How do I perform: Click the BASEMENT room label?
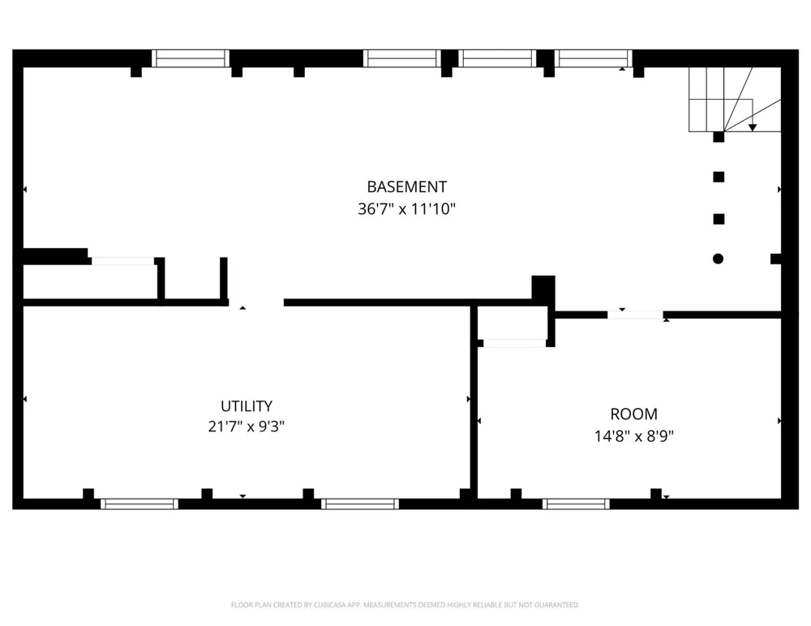pos(406,187)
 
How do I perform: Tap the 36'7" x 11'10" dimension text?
pos(406,209)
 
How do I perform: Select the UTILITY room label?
pos(247,405)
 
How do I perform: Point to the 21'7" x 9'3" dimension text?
pos(247,427)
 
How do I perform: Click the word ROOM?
pos(633,414)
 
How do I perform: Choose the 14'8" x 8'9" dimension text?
pos(633,436)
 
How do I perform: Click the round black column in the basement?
pos(718,259)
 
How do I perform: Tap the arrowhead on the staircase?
pos(753,127)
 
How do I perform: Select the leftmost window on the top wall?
pos(191,58)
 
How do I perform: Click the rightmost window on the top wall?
pos(594,58)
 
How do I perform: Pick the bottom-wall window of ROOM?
pos(576,504)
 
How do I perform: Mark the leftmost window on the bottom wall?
pos(139,504)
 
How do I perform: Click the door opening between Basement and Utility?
pos(256,302)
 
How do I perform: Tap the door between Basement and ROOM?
pos(635,315)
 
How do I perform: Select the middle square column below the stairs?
pos(719,177)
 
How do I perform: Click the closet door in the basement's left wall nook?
pos(122,261)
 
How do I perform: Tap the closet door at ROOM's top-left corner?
pos(515,343)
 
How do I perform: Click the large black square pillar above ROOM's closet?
pos(543,288)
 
